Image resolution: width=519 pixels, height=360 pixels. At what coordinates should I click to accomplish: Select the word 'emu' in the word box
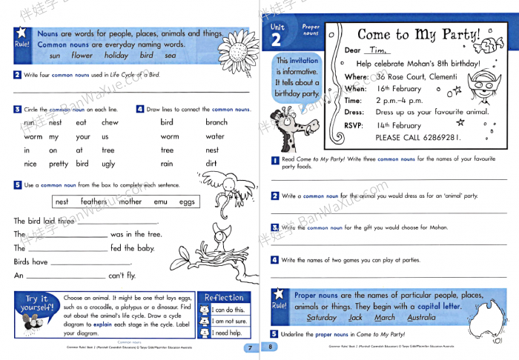coord(160,201)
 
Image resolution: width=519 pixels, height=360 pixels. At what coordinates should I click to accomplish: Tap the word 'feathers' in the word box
coord(93,201)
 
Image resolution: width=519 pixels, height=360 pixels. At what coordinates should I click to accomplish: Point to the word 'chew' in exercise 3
coord(110,123)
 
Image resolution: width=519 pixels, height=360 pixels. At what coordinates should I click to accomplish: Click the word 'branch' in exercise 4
coord(216,123)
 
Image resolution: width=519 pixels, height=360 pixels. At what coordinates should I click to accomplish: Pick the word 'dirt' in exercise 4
coord(211,164)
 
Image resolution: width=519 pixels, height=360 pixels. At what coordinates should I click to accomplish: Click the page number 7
coord(250,347)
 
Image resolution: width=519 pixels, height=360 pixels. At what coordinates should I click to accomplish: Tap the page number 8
coord(271,347)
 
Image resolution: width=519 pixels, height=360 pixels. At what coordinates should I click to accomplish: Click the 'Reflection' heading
coord(224,297)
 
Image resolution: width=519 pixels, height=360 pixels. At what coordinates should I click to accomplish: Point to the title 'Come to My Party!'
coord(418,35)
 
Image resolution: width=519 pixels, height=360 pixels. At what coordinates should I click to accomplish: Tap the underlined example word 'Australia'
coord(421,318)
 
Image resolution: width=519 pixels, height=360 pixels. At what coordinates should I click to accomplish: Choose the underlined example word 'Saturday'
coord(321,318)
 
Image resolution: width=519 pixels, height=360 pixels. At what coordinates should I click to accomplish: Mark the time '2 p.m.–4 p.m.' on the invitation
coord(405,101)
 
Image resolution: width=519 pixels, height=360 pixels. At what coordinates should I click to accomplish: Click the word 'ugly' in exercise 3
coord(108,164)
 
